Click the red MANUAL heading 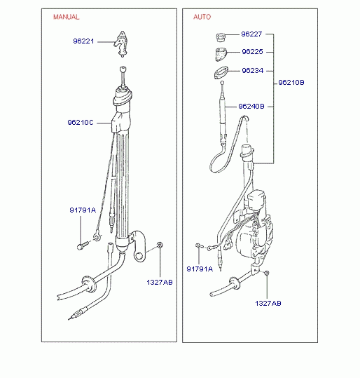[x=67, y=17]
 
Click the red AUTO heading [x=202, y=17]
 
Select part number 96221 [x=83, y=41]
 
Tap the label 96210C [x=80, y=123]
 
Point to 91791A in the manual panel [x=83, y=210]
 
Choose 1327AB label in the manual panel [x=160, y=283]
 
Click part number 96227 [x=251, y=34]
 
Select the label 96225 [x=252, y=52]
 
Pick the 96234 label [x=253, y=71]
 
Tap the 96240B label [x=251, y=107]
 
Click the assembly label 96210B [x=291, y=83]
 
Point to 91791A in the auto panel [x=200, y=269]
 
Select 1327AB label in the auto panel [x=268, y=303]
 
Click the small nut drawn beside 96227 [x=221, y=37]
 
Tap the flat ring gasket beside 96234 [x=221, y=72]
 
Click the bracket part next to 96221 [x=122, y=44]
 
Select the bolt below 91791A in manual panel [x=83, y=245]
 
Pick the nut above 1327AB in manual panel [x=160, y=245]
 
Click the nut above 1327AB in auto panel [x=267, y=273]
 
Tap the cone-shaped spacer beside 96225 [x=220, y=54]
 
